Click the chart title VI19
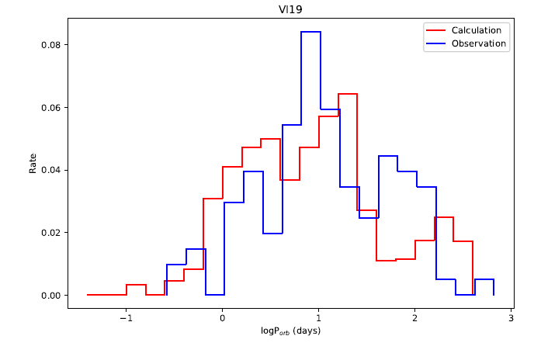coord(289,11)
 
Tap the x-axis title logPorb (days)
coord(289,331)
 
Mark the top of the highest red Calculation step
coord(348,94)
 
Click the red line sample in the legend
coord(435,30)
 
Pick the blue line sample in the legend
coord(435,43)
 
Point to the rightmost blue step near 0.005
coord(484,279)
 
